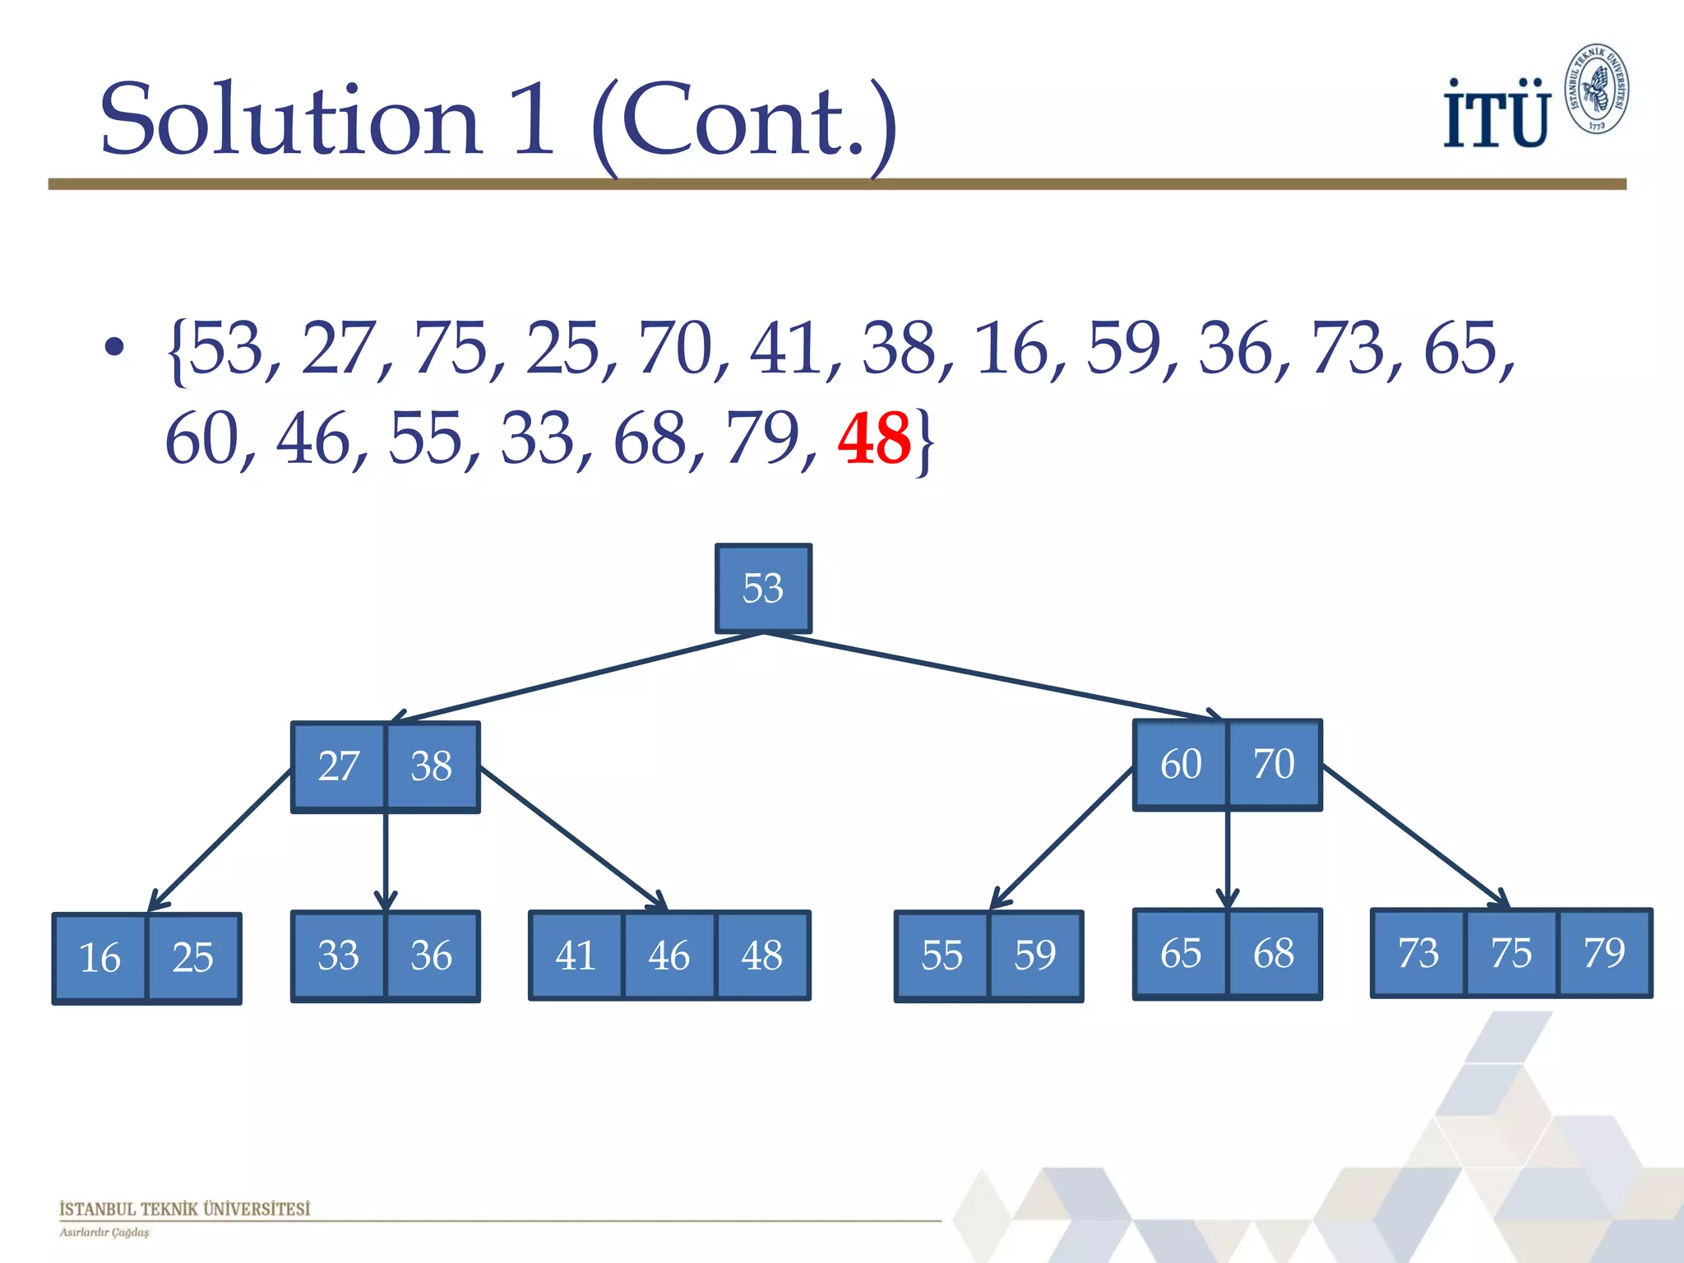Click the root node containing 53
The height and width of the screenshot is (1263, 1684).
[x=763, y=589]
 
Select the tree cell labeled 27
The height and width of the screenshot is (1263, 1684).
[x=338, y=766]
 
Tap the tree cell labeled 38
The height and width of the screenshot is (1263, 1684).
[x=433, y=766]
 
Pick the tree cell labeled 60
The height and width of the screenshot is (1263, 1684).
[x=1181, y=764]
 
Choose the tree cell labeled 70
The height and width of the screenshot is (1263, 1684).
[x=1275, y=764]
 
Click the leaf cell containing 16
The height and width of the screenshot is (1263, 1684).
[x=99, y=958]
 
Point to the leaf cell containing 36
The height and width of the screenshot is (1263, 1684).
[x=432, y=955]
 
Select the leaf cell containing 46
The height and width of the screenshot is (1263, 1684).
[x=669, y=955]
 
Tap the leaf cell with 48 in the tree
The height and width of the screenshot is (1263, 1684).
[x=762, y=955]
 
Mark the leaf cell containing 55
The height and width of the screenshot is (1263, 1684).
[x=941, y=955]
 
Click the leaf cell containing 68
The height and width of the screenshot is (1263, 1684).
[x=1275, y=954]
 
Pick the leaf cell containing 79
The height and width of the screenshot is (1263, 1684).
[x=1604, y=953]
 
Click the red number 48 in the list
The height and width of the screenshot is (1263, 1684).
[x=873, y=438]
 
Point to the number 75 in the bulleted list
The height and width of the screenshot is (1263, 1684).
[x=451, y=349]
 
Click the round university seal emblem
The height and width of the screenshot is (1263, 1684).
[x=1597, y=89]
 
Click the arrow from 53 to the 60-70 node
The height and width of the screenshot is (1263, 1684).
[x=987, y=675]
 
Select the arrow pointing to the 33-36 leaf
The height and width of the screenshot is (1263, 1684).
[x=386, y=859]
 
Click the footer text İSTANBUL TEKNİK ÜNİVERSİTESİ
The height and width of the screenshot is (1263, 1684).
[x=185, y=1209]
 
